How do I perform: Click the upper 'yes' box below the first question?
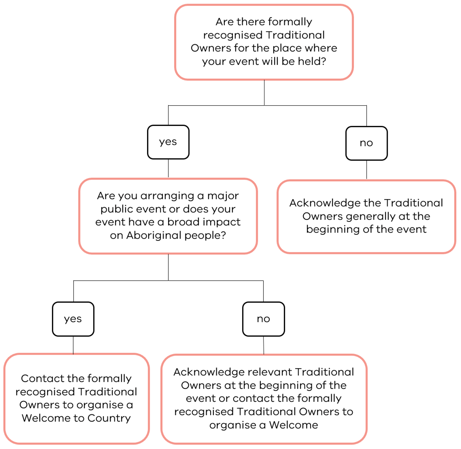(x=168, y=142)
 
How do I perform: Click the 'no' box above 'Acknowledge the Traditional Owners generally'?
(x=366, y=143)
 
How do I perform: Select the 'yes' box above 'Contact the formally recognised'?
(x=73, y=319)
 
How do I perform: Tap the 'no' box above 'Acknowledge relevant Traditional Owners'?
(x=264, y=319)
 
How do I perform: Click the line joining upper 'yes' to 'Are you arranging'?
(x=168, y=169)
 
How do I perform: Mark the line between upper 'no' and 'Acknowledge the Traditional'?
(x=366, y=170)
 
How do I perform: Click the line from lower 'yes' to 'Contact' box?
(x=73, y=345)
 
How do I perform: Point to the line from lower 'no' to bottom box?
(x=264, y=345)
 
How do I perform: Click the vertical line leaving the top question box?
(x=264, y=93)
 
